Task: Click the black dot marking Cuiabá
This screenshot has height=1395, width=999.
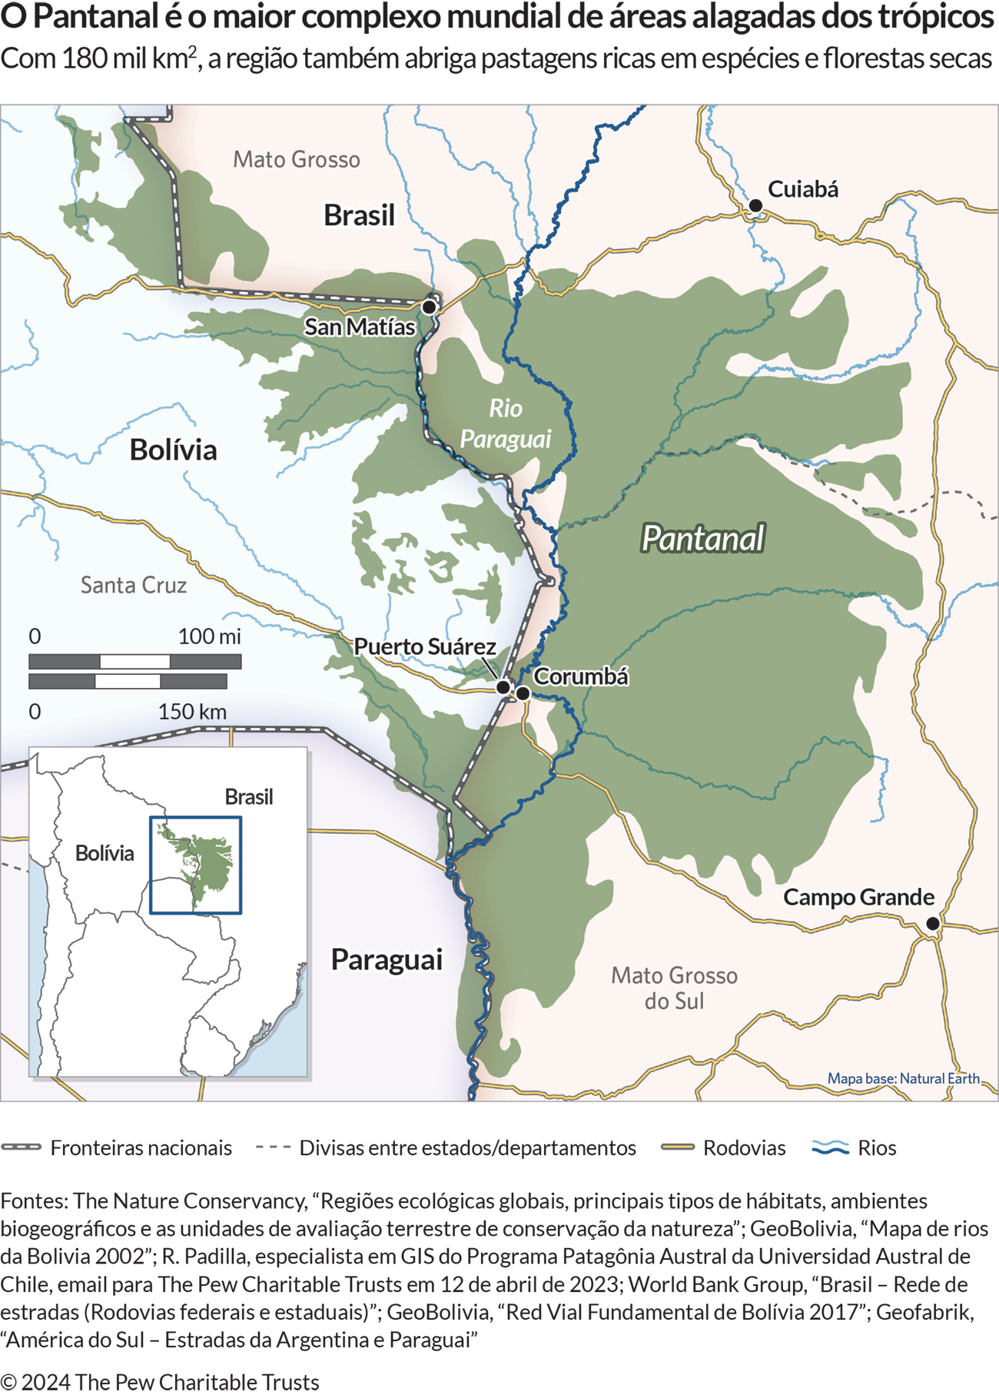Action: [x=755, y=206]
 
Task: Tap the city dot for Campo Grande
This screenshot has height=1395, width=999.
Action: [x=932, y=923]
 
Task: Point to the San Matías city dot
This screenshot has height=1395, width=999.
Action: [x=430, y=307]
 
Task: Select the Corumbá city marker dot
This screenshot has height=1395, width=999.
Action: [x=523, y=693]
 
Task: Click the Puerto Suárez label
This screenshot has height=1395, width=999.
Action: [x=424, y=647]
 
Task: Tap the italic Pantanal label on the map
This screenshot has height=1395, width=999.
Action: [x=702, y=539]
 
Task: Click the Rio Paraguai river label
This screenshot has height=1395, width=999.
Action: [x=505, y=423]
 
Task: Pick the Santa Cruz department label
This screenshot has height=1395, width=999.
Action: [x=134, y=586]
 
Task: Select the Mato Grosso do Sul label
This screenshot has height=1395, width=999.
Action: [x=674, y=988]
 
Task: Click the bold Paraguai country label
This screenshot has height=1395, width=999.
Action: [x=387, y=960]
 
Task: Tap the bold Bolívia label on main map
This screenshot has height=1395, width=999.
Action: [x=173, y=450]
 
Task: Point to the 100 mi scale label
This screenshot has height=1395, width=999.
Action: [x=209, y=636]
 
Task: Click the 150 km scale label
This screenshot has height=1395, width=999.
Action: [x=192, y=712]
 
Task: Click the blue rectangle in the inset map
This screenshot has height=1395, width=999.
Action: [x=195, y=865]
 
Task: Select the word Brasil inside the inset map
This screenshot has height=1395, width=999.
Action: [x=248, y=797]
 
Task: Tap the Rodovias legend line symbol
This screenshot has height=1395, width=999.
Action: [x=677, y=1148]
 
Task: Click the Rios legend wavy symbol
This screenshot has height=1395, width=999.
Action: [x=830, y=1148]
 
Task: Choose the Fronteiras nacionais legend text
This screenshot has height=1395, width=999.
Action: [x=141, y=1148]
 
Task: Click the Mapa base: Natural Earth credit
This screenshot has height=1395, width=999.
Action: [x=903, y=1078]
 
